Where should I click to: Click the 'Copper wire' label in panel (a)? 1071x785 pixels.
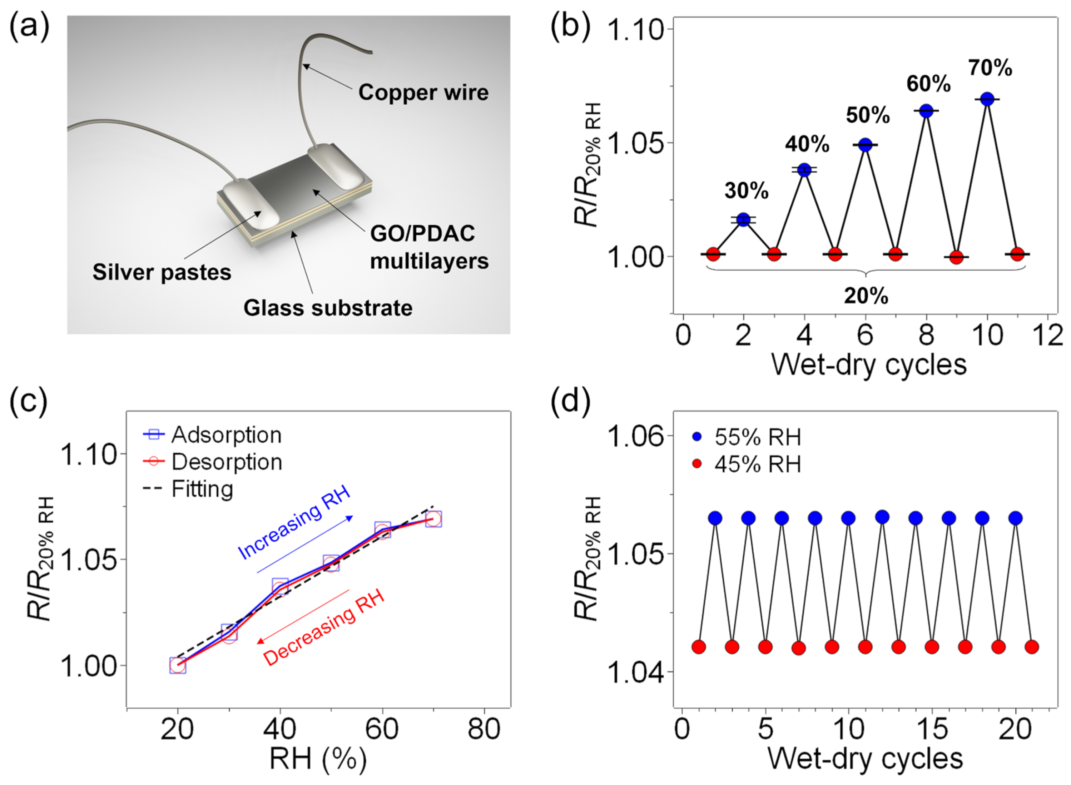pyautogui.click(x=423, y=92)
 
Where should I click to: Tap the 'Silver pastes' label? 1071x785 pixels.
pyautogui.click(x=162, y=272)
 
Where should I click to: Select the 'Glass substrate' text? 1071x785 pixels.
pyautogui.click(x=328, y=308)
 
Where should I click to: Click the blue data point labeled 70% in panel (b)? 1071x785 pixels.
pyautogui.click(x=987, y=99)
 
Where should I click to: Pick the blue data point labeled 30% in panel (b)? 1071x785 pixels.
pyautogui.click(x=744, y=219)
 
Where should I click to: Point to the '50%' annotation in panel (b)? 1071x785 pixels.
pyautogui.click(x=868, y=115)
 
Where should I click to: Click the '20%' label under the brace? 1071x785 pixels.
pyautogui.click(x=866, y=296)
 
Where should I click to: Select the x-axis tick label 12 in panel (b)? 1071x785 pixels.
pyautogui.click(x=1048, y=336)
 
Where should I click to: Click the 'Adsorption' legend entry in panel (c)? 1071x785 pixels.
pyautogui.click(x=226, y=435)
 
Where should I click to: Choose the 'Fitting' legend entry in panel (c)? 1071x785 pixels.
pyautogui.click(x=202, y=489)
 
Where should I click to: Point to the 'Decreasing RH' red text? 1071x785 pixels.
pyautogui.click(x=323, y=627)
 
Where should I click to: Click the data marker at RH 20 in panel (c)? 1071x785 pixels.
pyautogui.click(x=177, y=666)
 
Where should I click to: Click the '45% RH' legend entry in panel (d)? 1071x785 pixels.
pyautogui.click(x=757, y=464)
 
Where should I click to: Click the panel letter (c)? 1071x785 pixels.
pyautogui.click(x=29, y=401)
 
